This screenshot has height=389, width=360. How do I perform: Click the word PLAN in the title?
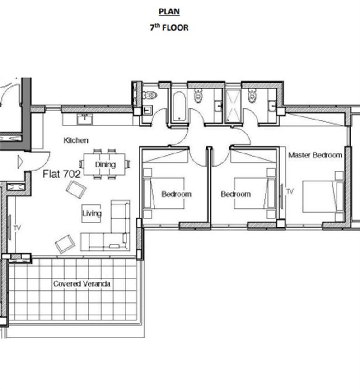point(169,12)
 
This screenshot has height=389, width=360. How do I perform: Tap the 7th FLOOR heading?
point(169,27)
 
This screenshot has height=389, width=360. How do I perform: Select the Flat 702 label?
point(61,174)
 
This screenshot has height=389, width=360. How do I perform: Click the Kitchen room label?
point(76,140)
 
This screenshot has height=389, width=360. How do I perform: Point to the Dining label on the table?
point(105,164)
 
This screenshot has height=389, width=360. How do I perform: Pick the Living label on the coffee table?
point(92,213)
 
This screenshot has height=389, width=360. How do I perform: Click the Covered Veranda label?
point(82,283)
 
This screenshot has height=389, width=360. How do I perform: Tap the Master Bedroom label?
point(315,155)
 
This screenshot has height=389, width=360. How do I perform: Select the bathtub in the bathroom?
point(179,107)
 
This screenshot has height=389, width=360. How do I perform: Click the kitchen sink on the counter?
point(84,119)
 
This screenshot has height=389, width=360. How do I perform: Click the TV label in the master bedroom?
point(290,191)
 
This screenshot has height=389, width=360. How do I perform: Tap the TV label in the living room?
point(17,228)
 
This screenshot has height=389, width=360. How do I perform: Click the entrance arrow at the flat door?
point(20,162)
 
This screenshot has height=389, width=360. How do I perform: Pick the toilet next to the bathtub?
point(198,96)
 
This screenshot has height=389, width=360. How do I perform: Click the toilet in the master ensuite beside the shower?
point(252,96)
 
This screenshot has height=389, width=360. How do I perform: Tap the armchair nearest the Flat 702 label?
point(76,190)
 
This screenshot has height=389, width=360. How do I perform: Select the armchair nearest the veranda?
point(65,244)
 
